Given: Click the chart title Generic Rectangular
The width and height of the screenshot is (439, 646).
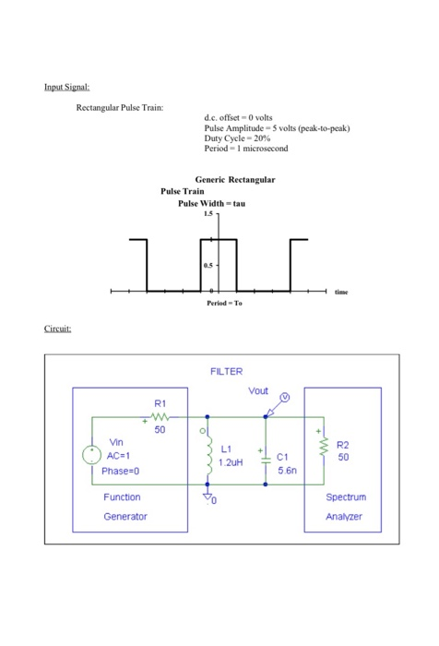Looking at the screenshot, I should [235, 178].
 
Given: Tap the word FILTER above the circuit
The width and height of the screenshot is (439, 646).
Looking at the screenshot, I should [226, 371].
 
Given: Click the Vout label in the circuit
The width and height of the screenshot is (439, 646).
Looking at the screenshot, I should [258, 392].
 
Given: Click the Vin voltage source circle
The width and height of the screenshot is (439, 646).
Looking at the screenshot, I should [94, 456].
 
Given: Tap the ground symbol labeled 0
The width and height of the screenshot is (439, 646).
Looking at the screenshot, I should [208, 498].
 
